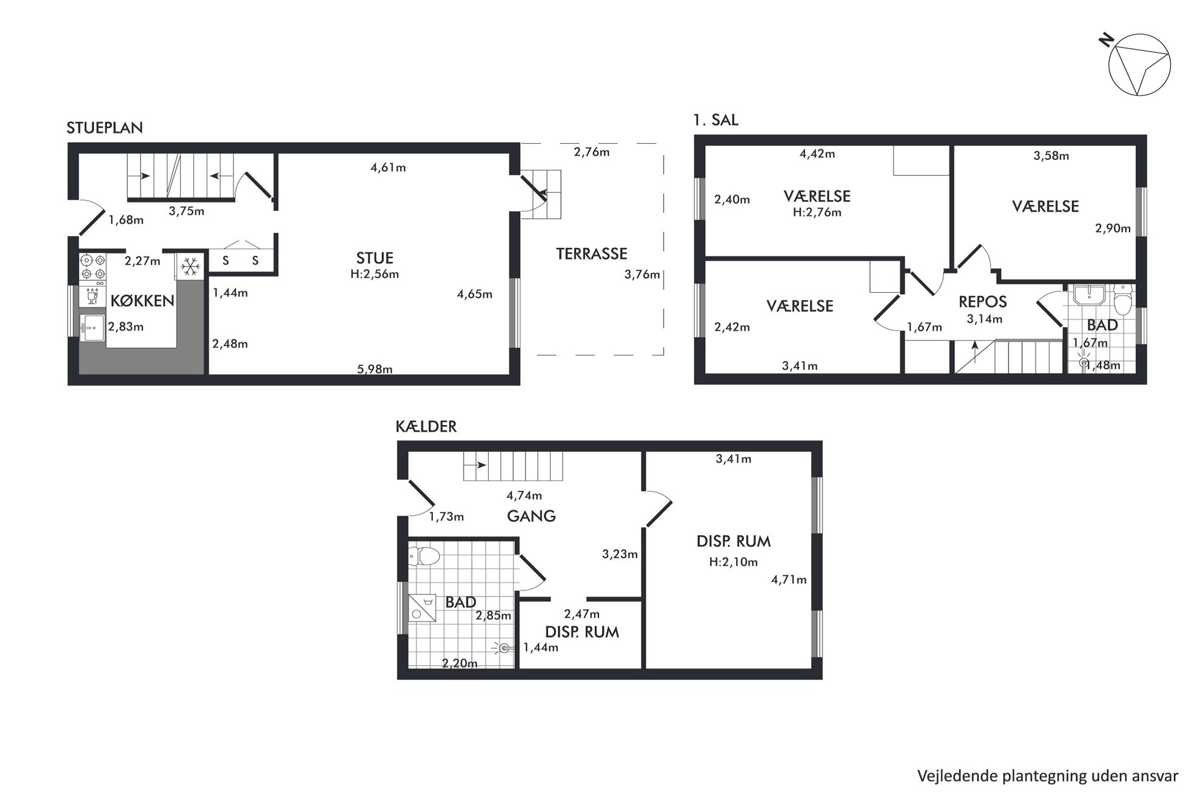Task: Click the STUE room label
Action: point(375,258)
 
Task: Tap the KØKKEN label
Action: point(142,301)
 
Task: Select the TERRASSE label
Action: point(592,253)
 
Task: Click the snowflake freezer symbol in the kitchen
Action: point(191,266)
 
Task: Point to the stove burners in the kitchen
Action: point(93,267)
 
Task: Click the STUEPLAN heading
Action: point(105,128)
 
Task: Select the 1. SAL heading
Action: point(715,120)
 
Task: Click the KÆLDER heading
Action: point(426,427)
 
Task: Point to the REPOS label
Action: point(982,302)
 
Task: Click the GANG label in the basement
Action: point(531,516)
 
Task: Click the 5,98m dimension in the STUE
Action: point(375,369)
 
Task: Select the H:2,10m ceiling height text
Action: point(733,562)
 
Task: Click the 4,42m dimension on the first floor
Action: point(817,154)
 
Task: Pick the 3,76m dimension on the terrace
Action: point(642,275)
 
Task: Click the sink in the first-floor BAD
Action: point(1090,295)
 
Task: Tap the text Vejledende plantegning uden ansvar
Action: point(1048,776)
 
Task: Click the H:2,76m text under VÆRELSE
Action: point(817,213)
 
